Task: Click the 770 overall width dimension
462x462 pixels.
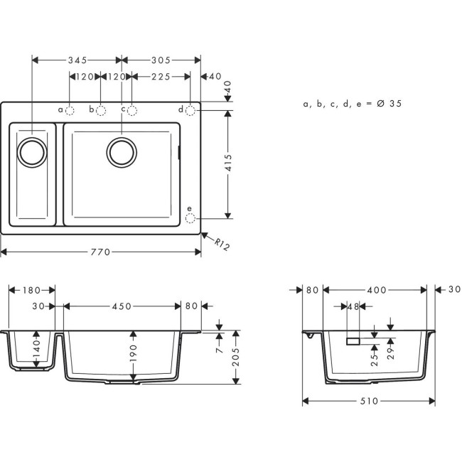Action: pos(100,252)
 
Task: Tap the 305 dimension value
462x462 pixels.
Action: pos(159,60)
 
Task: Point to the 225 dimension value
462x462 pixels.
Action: pos(159,76)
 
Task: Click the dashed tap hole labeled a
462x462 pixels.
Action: pos(70,110)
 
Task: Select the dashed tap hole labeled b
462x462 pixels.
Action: pos(101,110)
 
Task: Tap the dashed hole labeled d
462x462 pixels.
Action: pos(190,109)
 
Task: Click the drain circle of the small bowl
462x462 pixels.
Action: pos(32,152)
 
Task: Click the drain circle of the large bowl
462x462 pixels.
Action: pos(122,151)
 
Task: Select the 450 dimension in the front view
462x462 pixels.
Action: pos(122,306)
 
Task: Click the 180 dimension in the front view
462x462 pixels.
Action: pos(32,290)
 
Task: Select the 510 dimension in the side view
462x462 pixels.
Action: pos(369,402)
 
